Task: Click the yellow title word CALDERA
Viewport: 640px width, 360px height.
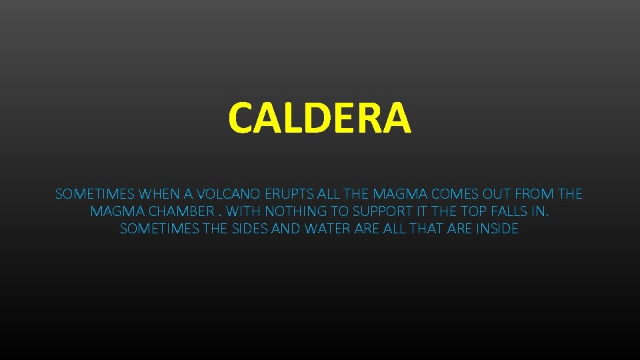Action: click(319, 117)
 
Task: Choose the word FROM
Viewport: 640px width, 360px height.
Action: click(536, 194)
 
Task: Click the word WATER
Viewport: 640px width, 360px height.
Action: click(327, 229)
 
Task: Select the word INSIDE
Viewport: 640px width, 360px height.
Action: click(495, 229)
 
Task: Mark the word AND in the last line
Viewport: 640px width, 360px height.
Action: click(286, 229)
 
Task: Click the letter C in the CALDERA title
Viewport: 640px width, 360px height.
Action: click(241, 117)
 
